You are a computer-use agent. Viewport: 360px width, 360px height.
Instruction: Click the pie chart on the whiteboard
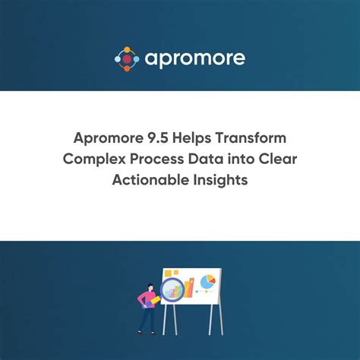(x=207, y=283)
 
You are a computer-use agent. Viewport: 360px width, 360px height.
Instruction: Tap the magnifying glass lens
(x=174, y=289)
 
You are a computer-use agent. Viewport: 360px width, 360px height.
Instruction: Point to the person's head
(x=147, y=284)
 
